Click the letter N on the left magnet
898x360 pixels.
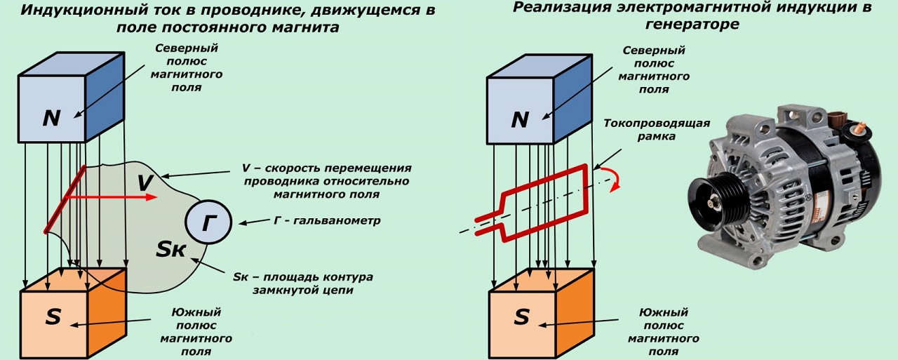[51, 119]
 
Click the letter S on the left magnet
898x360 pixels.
[53, 317]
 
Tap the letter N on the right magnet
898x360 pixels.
[520, 120]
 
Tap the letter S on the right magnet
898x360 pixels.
[521, 317]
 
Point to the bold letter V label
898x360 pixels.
[145, 183]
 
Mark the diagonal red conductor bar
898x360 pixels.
[65, 199]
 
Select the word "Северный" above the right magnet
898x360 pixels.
[654, 51]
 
